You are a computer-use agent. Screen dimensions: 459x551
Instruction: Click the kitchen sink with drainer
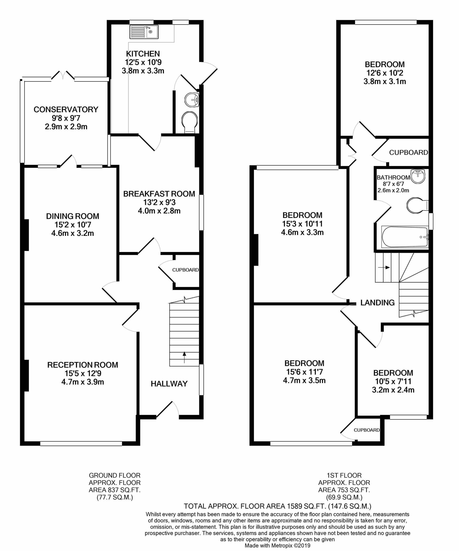[144, 32]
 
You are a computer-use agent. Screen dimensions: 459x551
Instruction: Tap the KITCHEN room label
[143, 54]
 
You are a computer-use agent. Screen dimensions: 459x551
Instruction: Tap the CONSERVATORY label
[66, 109]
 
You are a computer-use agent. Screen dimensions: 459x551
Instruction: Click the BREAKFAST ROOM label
[159, 194]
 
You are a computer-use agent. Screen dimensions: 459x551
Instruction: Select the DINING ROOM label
[73, 216]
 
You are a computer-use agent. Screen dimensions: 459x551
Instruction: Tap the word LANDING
[378, 303]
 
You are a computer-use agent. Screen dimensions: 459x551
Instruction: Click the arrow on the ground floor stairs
[184, 357]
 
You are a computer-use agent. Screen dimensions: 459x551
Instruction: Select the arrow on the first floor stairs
[384, 267]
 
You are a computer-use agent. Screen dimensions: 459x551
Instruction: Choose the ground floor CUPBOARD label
[185, 270]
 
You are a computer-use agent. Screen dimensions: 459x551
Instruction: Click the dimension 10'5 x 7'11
[393, 381]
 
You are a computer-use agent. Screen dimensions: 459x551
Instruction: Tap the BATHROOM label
[393, 178]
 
